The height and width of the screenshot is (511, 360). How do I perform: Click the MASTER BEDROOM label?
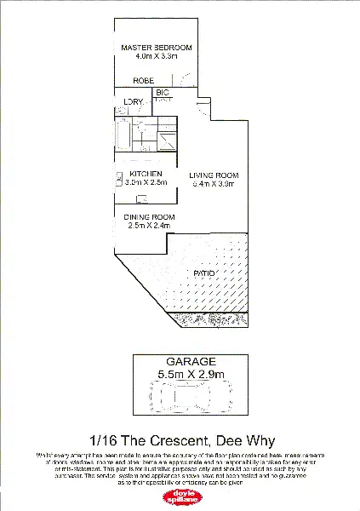156,47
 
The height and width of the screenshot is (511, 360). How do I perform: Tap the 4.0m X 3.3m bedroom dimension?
156,56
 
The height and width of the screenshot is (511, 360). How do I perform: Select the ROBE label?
142,82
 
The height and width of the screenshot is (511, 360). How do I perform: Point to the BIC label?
162,93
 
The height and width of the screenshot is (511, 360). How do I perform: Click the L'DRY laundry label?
134,103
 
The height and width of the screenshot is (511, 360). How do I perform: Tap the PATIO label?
203,273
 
